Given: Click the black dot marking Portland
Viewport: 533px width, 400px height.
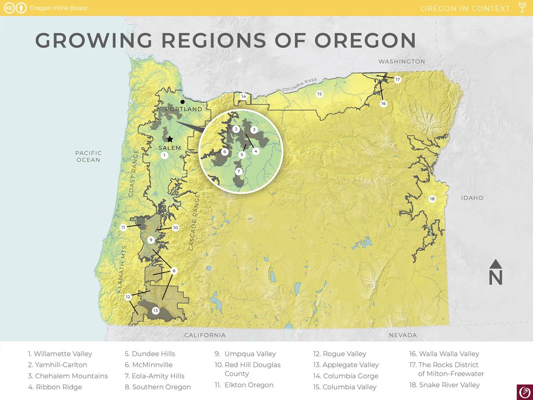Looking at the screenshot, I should click(183, 102).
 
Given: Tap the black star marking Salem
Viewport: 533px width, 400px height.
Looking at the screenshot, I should click(170, 139).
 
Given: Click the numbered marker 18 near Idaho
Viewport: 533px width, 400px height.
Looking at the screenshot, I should click(432, 199).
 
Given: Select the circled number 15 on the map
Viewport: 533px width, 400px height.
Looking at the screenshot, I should click(319, 94).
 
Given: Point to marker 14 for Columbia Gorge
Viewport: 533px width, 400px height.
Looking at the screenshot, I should click(243, 96).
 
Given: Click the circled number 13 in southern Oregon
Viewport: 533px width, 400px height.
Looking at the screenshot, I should click(155, 310).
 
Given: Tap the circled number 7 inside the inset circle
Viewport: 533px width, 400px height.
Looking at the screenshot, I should click(239, 171).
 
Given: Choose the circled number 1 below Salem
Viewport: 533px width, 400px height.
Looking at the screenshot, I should click(164, 155).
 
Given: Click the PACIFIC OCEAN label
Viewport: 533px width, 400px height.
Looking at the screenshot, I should click(88, 156).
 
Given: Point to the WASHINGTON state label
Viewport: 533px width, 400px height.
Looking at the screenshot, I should click(402, 62).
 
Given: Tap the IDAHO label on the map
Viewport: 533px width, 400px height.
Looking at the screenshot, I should click(472, 198).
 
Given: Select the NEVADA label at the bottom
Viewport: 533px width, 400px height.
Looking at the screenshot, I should click(403, 335).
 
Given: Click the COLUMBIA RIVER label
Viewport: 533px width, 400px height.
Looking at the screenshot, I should click(300, 85).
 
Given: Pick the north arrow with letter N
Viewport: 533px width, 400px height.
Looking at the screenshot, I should click(495, 272).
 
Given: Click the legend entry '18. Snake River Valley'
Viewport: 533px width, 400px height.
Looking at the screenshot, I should click(444, 385).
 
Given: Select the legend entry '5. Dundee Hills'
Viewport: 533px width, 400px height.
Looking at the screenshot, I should click(150, 354).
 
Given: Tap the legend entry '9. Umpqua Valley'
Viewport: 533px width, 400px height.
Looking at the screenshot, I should click(245, 354).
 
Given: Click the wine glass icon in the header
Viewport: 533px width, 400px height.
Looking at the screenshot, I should click(522, 7).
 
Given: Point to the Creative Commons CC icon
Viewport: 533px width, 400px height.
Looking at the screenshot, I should click(9, 8).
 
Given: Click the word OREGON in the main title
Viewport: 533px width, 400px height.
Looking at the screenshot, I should click(365, 40).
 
